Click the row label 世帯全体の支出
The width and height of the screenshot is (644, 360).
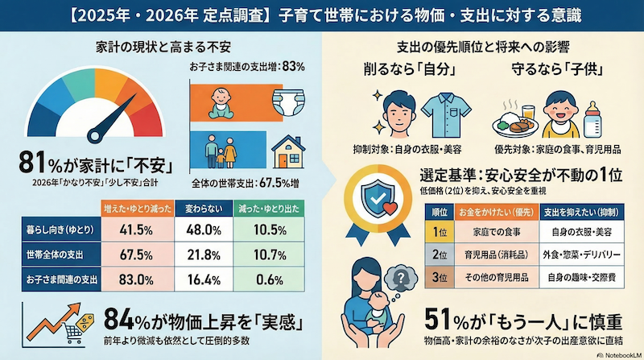[x=50, y=255]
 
